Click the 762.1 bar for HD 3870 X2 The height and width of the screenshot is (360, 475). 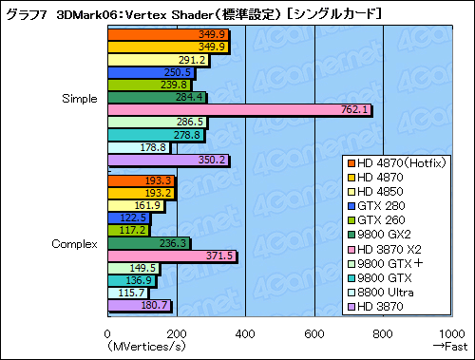tap(237, 110)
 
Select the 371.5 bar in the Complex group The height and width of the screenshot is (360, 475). tap(171, 256)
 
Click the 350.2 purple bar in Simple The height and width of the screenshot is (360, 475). tap(167, 160)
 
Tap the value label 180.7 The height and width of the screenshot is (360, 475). tap(153, 306)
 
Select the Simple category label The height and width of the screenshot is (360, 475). tap(78, 98)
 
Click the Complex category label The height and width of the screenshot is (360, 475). tap(75, 244)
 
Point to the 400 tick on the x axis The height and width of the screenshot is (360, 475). tap(245, 332)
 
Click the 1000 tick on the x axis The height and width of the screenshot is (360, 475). tap(453, 332)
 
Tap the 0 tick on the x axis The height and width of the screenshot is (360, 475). tap(107, 332)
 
